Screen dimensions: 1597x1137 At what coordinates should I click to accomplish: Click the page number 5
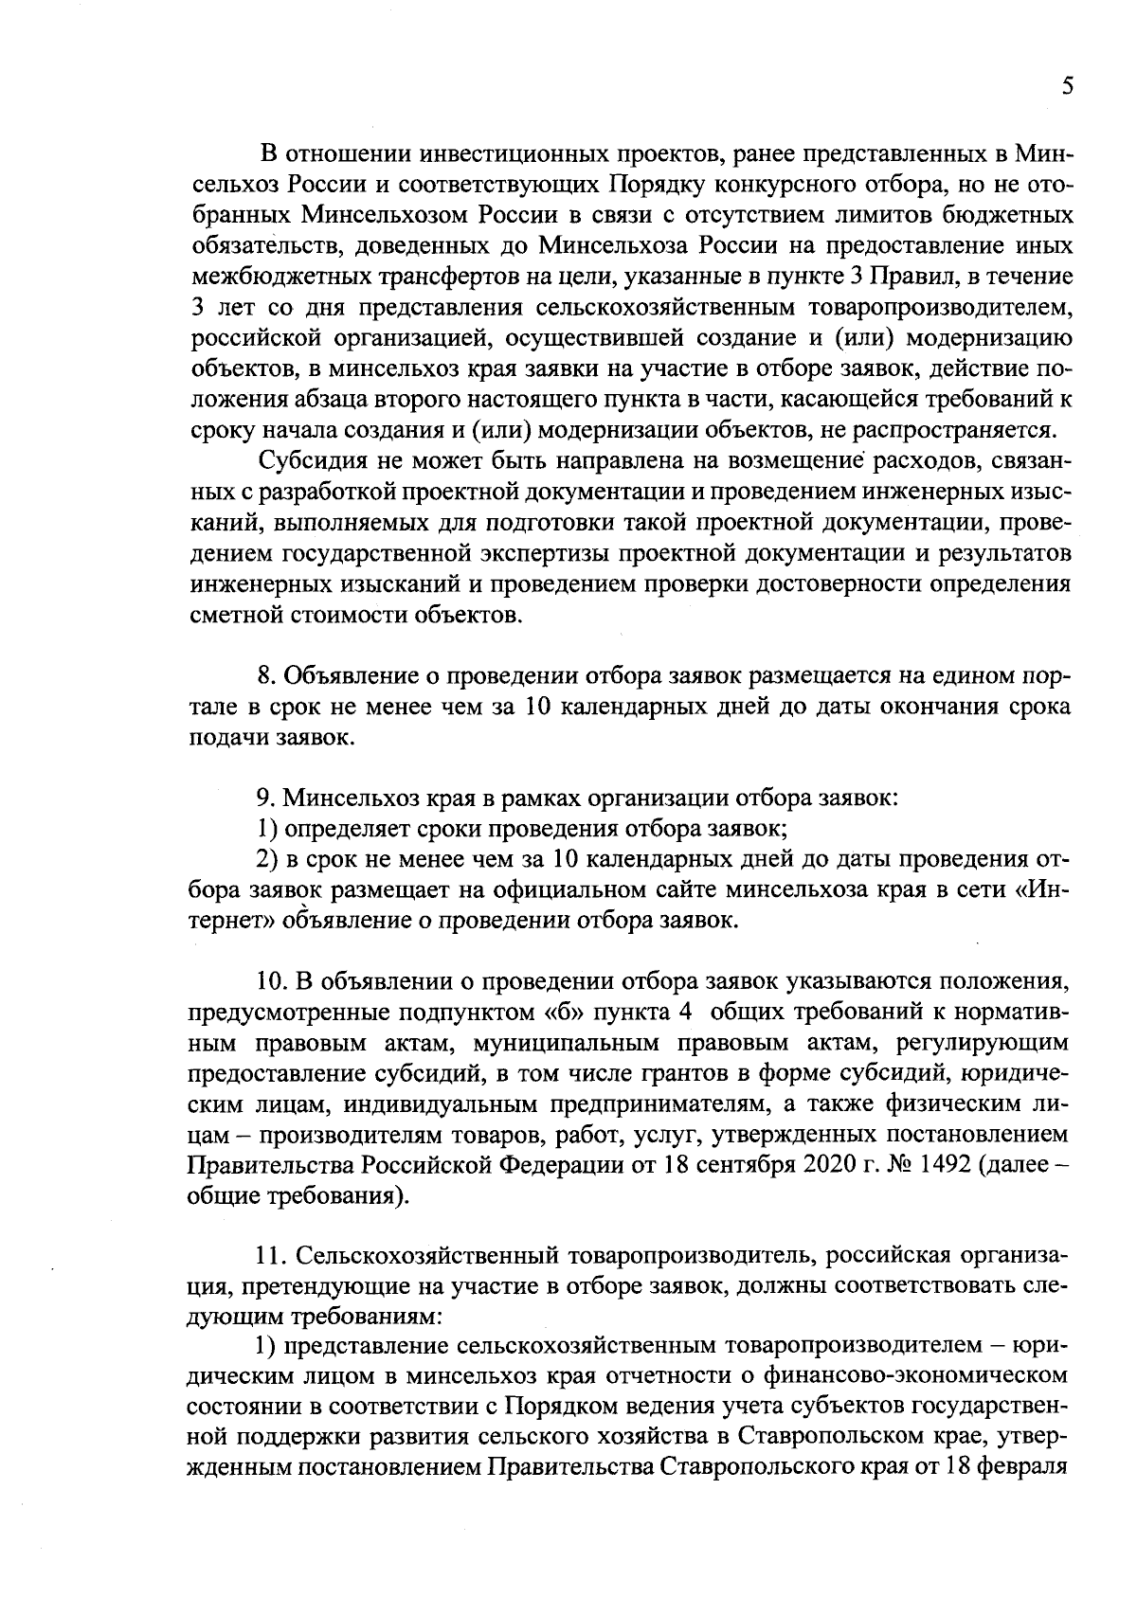(1067, 86)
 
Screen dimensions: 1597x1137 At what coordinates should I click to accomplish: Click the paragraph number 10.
(270, 979)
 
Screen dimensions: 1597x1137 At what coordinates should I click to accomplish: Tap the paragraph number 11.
(270, 1256)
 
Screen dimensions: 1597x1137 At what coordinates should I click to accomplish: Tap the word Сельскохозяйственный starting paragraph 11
(429, 1256)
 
